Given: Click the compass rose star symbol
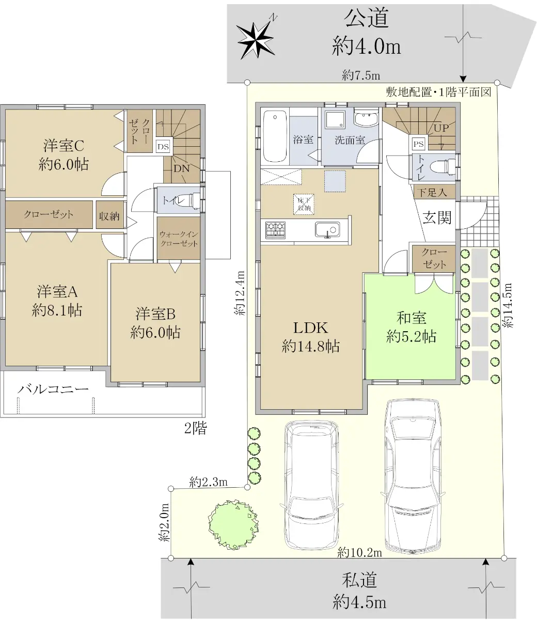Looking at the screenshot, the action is pyautogui.click(x=256, y=40).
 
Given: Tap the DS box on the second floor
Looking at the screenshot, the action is pyautogui.click(x=163, y=147).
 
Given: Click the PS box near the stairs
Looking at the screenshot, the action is pyautogui.click(x=419, y=144).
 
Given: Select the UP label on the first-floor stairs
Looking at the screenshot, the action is pyautogui.click(x=441, y=128).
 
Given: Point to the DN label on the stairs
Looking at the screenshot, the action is pyautogui.click(x=181, y=168).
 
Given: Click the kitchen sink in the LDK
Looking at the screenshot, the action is pyautogui.click(x=327, y=229).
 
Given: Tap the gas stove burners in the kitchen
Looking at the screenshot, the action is pyautogui.click(x=275, y=230).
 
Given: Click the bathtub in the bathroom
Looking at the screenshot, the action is pyautogui.click(x=275, y=136).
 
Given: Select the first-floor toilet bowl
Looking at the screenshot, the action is pyautogui.click(x=441, y=167).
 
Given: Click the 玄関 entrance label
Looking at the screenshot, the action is pyautogui.click(x=437, y=218).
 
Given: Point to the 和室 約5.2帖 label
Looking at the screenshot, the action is pyautogui.click(x=411, y=327).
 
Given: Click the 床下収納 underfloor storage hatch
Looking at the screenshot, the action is pyautogui.click(x=304, y=204).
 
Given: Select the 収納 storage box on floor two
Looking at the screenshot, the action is pyautogui.click(x=109, y=216).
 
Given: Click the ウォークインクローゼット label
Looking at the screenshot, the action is pyautogui.click(x=179, y=239).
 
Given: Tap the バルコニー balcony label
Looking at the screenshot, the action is pyautogui.click(x=53, y=390).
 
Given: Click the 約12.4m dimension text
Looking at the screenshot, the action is pyautogui.click(x=240, y=293).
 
